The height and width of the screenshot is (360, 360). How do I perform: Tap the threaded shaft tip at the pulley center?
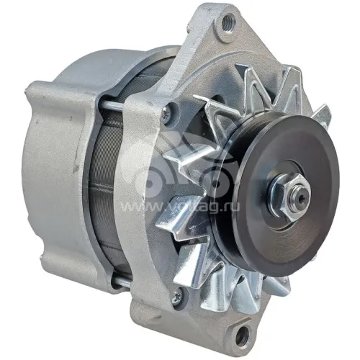click(302, 196)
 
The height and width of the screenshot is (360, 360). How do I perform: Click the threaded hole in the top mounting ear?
click(228, 22)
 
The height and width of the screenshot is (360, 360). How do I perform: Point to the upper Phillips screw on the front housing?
click(166, 114)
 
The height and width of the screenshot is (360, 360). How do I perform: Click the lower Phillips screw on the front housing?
click(177, 297)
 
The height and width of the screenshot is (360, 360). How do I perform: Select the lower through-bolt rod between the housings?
click(122, 282)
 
